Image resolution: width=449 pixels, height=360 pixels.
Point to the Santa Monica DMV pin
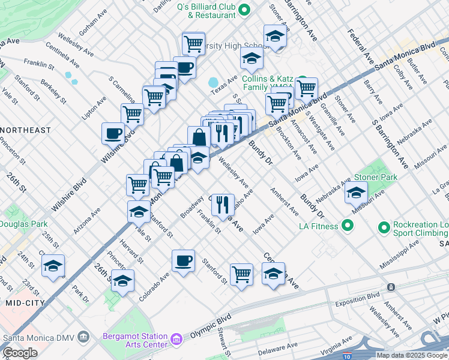[x=83, y=335]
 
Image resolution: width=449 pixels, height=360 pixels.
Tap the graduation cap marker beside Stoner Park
[x=357, y=193]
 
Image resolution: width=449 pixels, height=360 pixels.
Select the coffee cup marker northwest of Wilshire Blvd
[x=112, y=133]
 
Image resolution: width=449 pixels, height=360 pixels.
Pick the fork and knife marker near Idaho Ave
[x=222, y=204]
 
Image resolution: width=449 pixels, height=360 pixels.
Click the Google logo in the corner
[x=20, y=353]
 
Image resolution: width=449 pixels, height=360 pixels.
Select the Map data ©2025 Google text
[x=412, y=355]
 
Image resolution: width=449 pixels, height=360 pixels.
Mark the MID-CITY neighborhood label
[x=22, y=304]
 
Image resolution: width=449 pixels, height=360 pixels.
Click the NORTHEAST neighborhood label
[x=25, y=130]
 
